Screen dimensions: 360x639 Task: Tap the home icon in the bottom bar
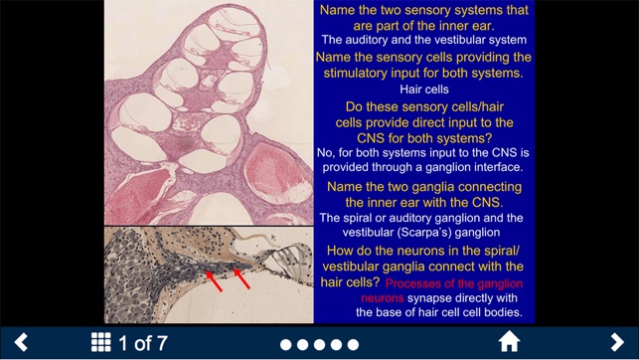tap(509, 343)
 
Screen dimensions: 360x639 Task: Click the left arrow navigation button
tap(21, 343)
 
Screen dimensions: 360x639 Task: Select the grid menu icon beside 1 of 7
tap(100, 343)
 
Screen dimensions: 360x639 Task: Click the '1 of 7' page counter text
tap(143, 344)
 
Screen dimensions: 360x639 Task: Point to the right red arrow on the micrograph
tap(241, 277)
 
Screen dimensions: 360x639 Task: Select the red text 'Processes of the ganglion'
tap(455, 283)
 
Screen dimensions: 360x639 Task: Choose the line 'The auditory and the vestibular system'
tap(423, 40)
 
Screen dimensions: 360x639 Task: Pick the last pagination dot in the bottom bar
tap(351, 345)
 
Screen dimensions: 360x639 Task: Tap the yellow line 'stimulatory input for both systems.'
tap(423, 73)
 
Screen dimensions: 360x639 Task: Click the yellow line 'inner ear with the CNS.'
tap(423, 202)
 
